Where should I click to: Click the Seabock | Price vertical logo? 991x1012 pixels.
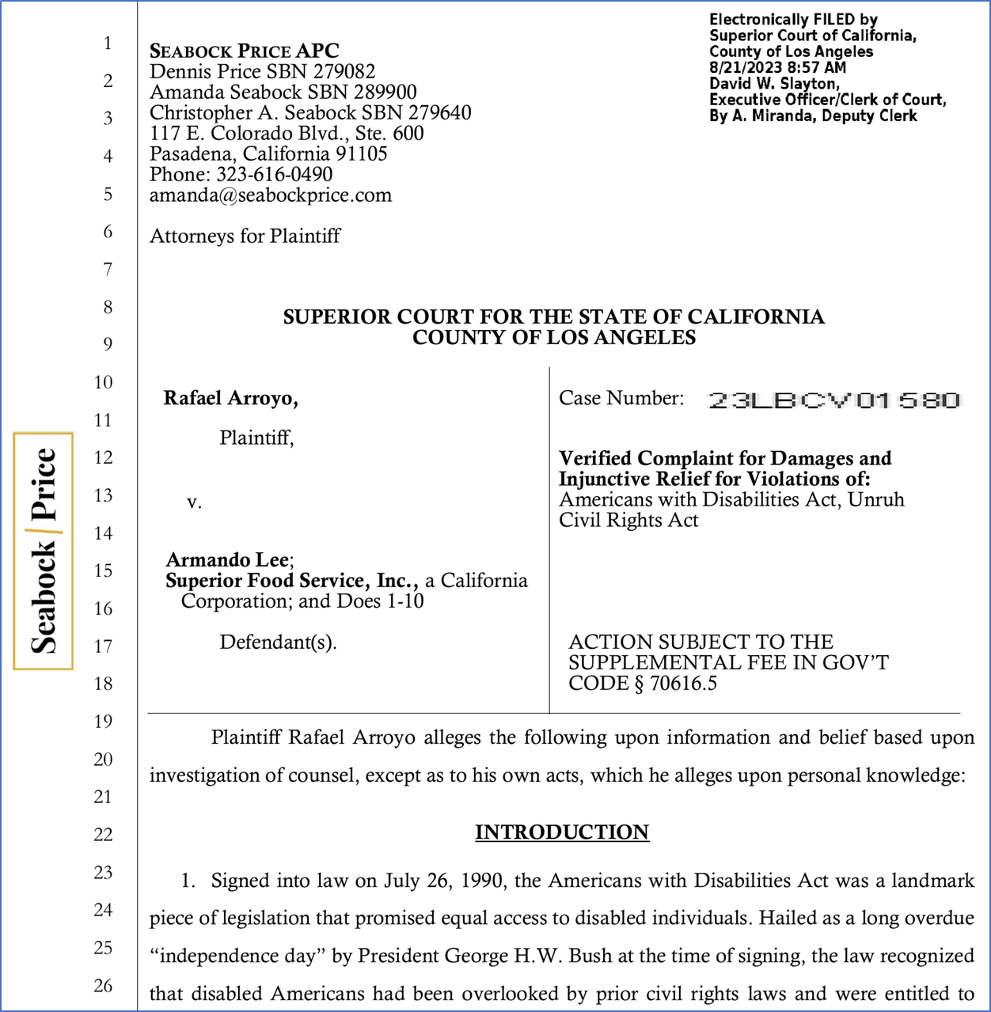tap(44, 551)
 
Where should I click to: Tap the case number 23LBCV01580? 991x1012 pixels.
tap(833, 400)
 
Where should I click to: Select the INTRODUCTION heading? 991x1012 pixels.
tap(562, 832)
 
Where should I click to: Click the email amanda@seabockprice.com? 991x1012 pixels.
tap(271, 195)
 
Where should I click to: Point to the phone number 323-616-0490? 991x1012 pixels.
tap(274, 175)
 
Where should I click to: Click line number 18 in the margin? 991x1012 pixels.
tap(104, 684)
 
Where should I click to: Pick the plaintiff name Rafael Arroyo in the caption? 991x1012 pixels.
tap(230, 398)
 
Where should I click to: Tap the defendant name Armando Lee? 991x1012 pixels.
tap(228, 560)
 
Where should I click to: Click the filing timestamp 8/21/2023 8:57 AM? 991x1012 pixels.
tap(777, 68)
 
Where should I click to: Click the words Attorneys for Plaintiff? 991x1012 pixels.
tap(245, 236)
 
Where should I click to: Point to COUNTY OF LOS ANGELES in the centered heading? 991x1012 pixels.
tap(554, 338)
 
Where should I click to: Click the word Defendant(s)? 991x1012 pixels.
tap(278, 642)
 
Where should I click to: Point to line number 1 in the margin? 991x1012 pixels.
tap(108, 43)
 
